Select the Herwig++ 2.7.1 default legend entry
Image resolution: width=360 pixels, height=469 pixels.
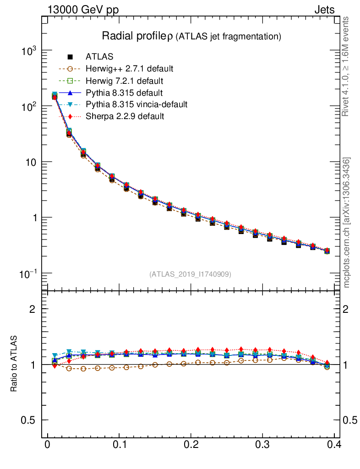(x=129, y=69)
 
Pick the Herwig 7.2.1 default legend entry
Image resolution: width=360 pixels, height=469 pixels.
(x=124, y=81)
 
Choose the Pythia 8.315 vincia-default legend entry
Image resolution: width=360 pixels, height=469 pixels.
(x=136, y=104)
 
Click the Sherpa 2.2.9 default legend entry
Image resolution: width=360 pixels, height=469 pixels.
(x=125, y=116)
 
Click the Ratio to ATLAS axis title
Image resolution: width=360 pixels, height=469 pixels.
(x=14, y=364)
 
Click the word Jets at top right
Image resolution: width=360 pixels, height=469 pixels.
(x=324, y=10)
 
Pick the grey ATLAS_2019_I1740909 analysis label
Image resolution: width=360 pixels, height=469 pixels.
(x=190, y=274)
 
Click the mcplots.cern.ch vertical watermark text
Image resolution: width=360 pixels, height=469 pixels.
(x=347, y=223)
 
